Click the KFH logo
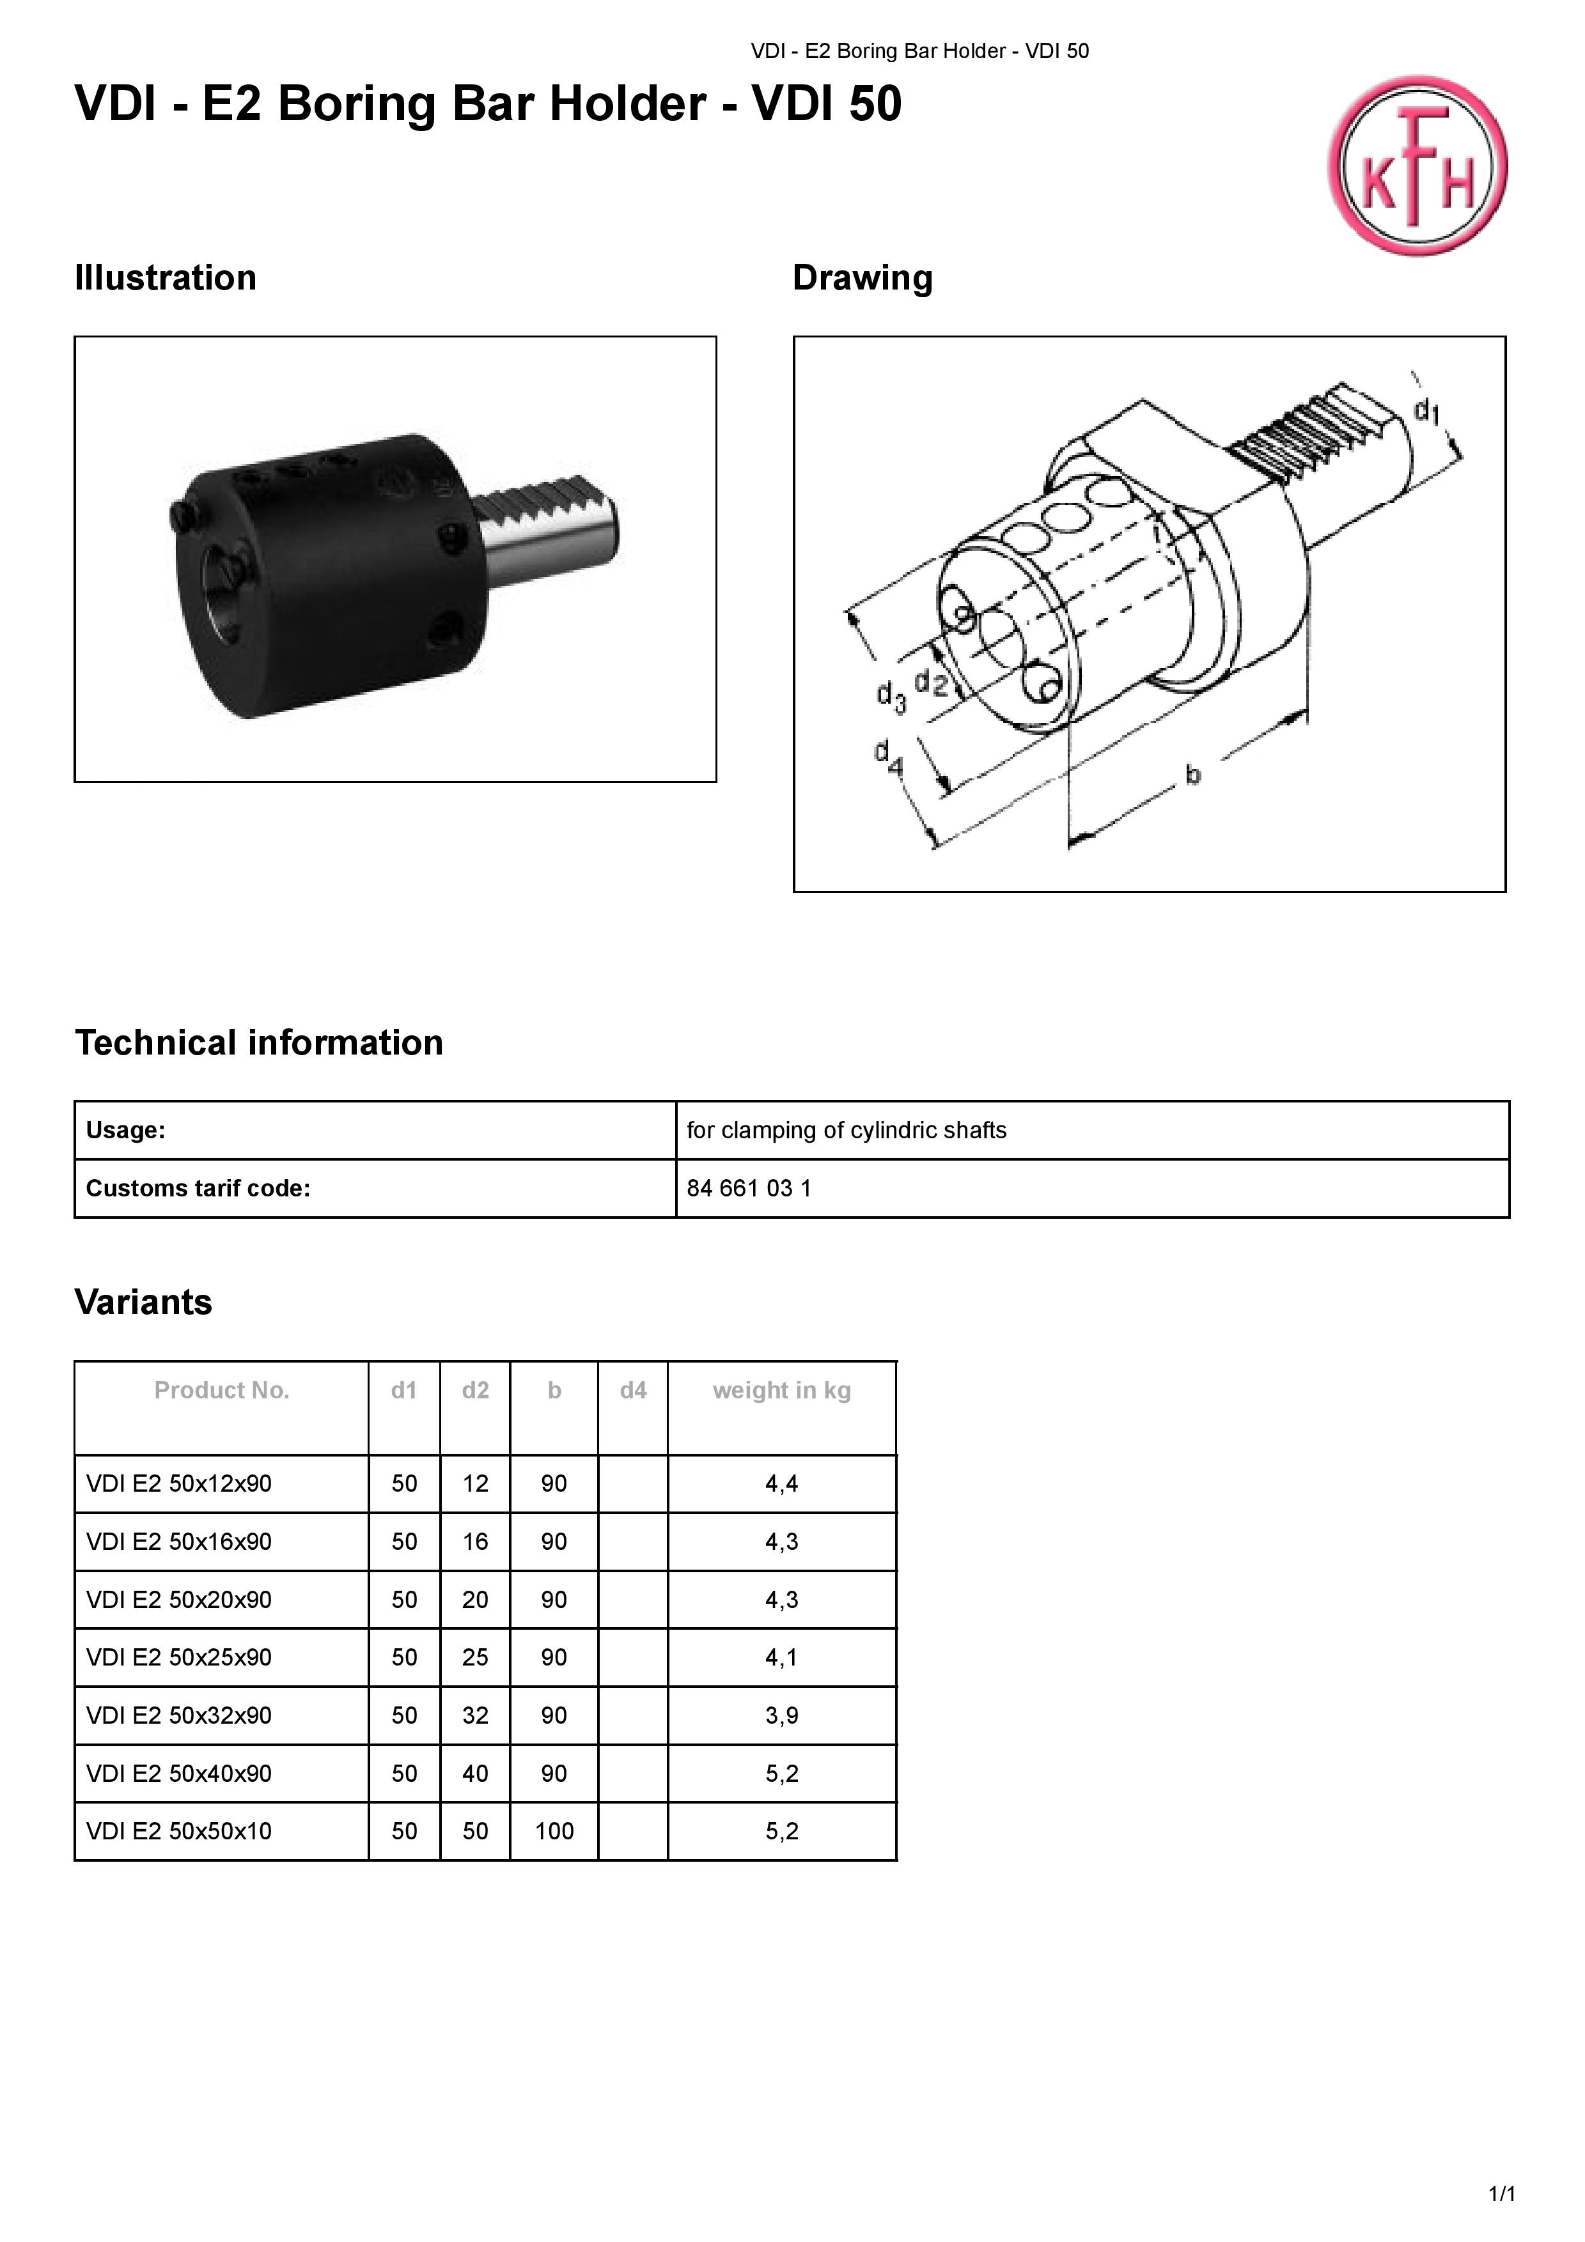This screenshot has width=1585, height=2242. [1416, 166]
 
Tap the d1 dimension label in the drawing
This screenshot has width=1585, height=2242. [1427, 411]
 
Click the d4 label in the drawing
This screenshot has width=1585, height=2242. [887, 757]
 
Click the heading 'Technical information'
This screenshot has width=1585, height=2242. [259, 1043]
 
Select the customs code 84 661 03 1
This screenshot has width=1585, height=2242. [749, 1188]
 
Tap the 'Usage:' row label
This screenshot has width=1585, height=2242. [126, 1130]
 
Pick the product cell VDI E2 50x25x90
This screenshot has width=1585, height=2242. [179, 1657]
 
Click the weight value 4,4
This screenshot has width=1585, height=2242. [781, 1483]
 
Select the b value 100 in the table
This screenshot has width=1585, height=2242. [554, 1831]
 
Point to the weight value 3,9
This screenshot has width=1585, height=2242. [781, 1715]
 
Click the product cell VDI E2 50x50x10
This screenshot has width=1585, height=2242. [179, 1831]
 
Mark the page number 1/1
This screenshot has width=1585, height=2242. [1501, 2194]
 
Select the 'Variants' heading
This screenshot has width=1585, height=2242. [144, 1303]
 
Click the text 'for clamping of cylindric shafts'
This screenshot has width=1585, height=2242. [846, 1130]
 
